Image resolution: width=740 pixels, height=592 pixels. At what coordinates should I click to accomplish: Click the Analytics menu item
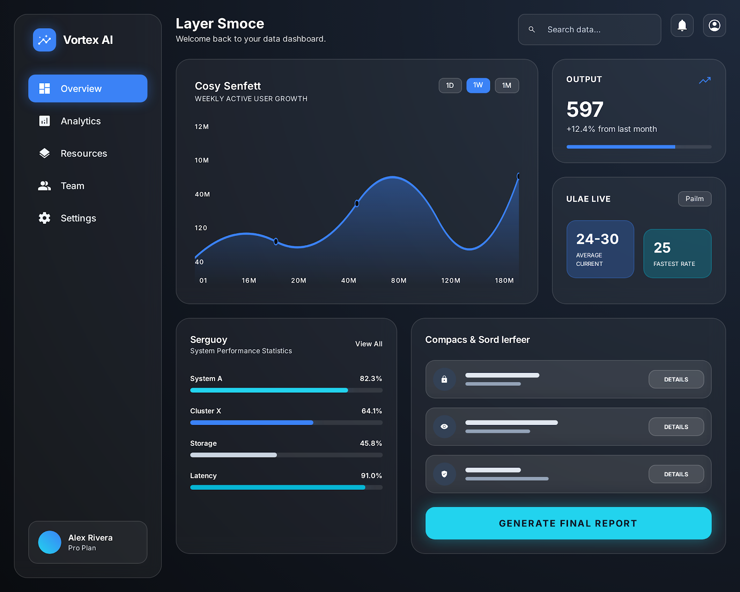(80, 121)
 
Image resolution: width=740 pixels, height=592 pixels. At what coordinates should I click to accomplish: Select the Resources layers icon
(44, 154)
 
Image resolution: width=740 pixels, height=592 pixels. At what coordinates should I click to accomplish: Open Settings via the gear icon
(44, 218)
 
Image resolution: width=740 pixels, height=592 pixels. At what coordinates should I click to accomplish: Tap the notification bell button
(682, 25)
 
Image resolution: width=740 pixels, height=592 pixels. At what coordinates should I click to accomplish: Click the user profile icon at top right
(714, 25)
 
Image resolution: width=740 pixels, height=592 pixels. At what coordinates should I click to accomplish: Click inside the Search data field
(597, 30)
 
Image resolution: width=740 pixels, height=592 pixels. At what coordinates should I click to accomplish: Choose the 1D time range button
(450, 86)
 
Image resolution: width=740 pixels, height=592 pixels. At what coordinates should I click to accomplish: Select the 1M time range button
(506, 86)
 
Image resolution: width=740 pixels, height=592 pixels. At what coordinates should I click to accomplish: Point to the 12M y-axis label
(202, 127)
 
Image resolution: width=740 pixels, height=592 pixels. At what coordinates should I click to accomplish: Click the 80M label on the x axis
(399, 281)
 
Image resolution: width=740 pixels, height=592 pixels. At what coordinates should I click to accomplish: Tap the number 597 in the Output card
(585, 110)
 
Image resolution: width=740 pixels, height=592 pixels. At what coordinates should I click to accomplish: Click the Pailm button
(694, 199)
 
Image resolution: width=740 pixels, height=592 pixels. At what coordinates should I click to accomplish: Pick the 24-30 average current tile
(600, 249)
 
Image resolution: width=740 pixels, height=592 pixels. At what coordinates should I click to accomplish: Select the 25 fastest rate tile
(677, 253)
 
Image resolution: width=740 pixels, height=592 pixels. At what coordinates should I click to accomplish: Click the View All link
(369, 344)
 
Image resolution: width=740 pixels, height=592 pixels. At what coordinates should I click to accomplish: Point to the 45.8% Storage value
(371, 444)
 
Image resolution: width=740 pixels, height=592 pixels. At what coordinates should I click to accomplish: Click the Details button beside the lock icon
(676, 379)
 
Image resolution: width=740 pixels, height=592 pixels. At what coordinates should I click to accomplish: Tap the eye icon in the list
(444, 426)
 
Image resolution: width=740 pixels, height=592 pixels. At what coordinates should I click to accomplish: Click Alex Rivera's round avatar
(49, 542)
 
